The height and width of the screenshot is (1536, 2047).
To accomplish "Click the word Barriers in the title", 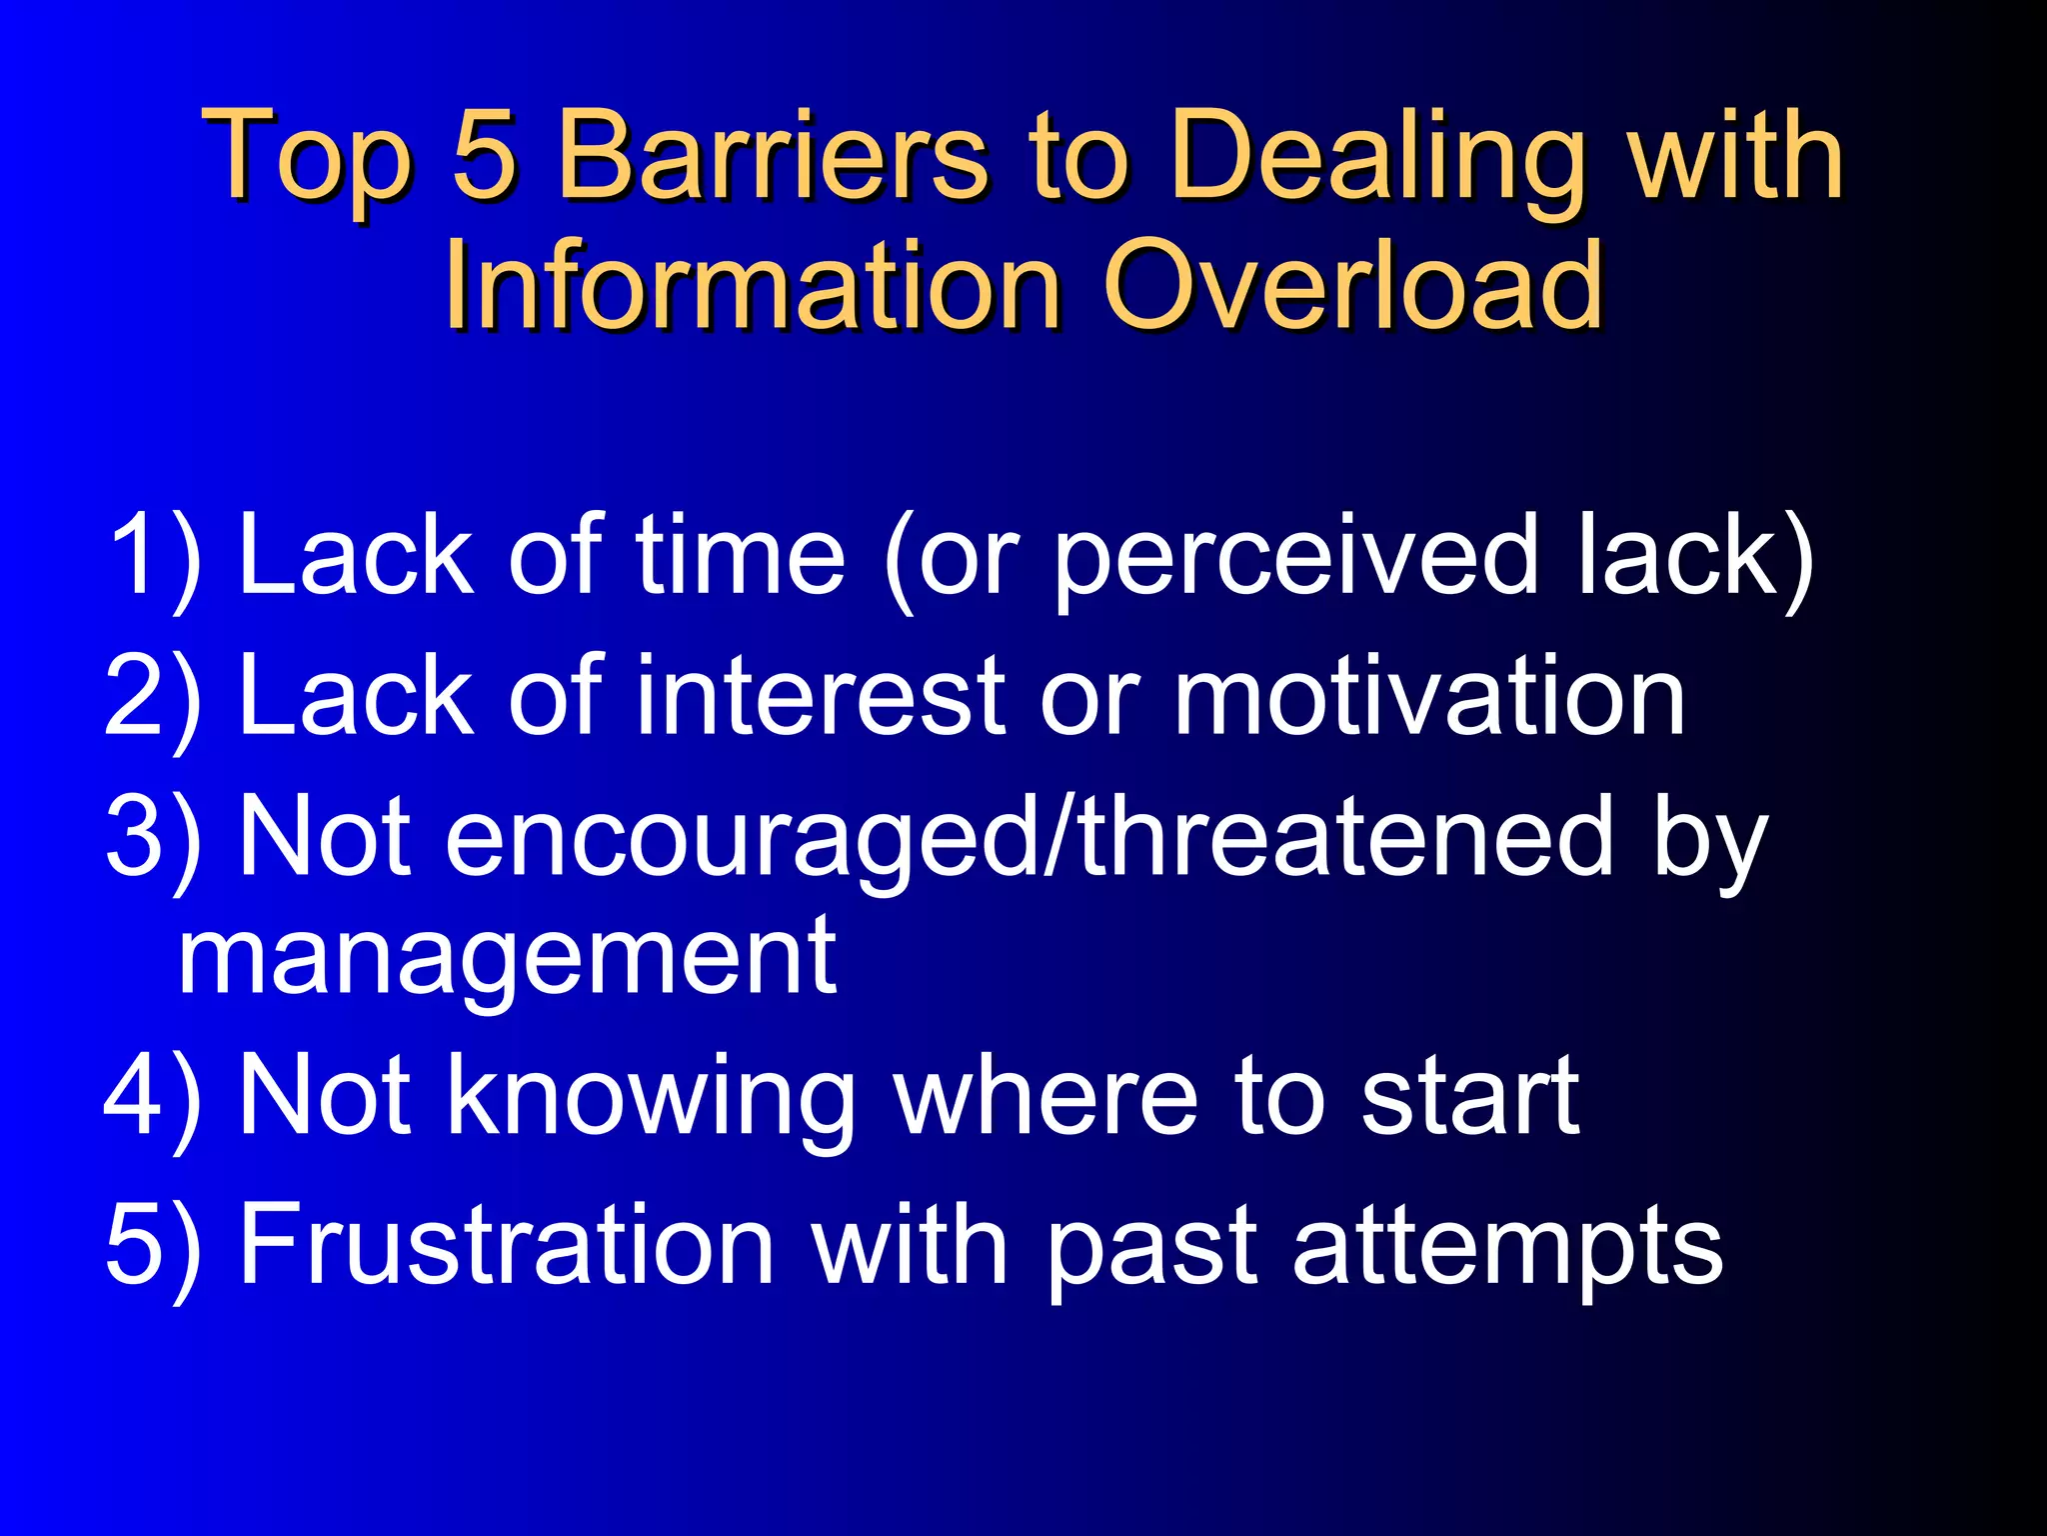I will pyautogui.click(x=772, y=155).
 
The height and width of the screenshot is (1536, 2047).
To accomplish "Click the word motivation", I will pyautogui.click(x=1429, y=695).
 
